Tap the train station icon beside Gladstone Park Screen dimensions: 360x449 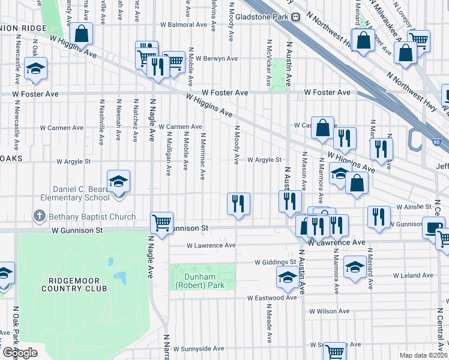(x=296, y=17)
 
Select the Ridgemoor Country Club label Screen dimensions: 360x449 (x=74, y=284)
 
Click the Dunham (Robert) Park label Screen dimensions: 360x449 (x=200, y=281)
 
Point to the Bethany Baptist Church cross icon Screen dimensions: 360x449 (x=40, y=215)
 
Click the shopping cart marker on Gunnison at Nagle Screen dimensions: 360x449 (x=161, y=223)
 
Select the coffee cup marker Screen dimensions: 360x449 (x=433, y=228)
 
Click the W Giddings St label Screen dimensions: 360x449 (x=276, y=262)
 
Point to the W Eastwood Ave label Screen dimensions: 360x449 (x=272, y=298)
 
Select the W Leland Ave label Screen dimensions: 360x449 (x=412, y=275)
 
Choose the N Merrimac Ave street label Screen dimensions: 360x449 (x=203, y=157)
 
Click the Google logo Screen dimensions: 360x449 (x=20, y=353)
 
